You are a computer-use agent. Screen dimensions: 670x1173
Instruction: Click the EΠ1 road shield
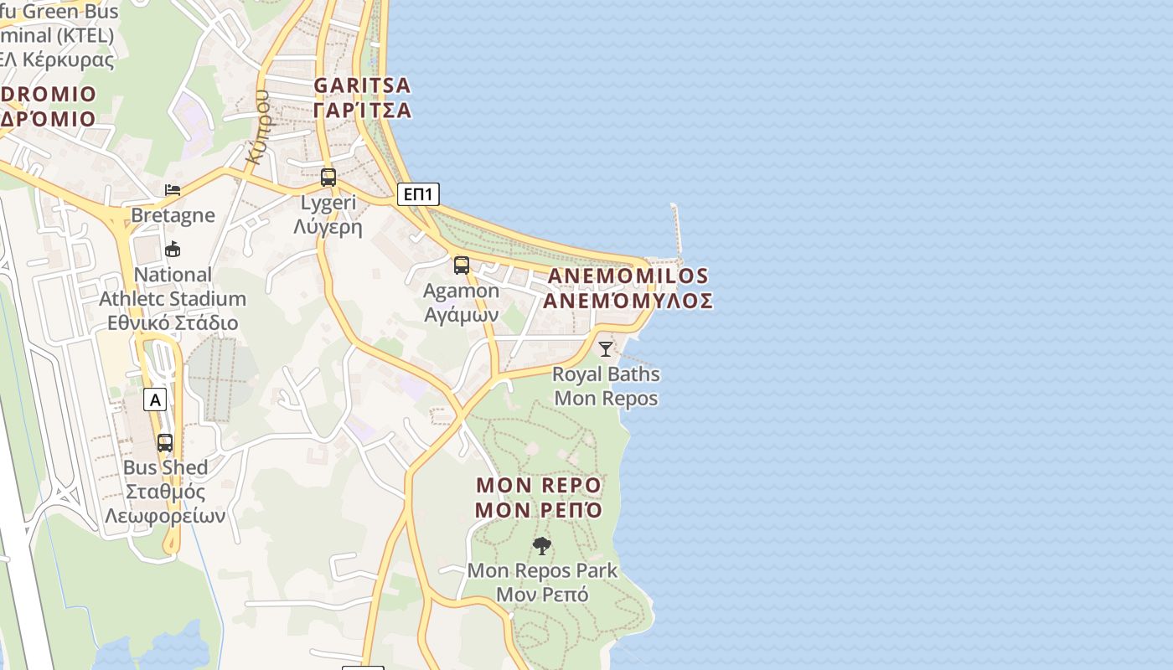(417, 195)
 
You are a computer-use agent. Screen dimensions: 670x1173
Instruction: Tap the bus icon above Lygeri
(328, 178)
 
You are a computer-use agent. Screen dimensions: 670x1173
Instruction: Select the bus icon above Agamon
(462, 265)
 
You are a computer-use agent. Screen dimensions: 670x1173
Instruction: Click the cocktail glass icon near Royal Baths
(606, 348)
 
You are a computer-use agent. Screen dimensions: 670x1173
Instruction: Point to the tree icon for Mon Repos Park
(542, 546)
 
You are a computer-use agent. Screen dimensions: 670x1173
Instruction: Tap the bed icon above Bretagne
(173, 190)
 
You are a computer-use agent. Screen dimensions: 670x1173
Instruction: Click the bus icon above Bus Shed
(165, 442)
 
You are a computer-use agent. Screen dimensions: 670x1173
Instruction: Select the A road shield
(155, 400)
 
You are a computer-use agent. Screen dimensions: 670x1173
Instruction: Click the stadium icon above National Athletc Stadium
(173, 249)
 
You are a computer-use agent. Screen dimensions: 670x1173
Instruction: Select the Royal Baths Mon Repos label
(606, 386)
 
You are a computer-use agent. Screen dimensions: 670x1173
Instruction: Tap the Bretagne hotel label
(173, 215)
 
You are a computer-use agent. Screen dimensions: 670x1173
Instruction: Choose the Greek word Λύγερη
(328, 226)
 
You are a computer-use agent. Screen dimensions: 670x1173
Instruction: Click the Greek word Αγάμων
(462, 315)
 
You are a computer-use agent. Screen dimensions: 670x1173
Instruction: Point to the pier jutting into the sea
(676, 228)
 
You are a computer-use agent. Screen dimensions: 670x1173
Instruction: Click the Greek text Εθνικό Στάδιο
(173, 323)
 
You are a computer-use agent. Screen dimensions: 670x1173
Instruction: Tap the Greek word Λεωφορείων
(165, 516)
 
